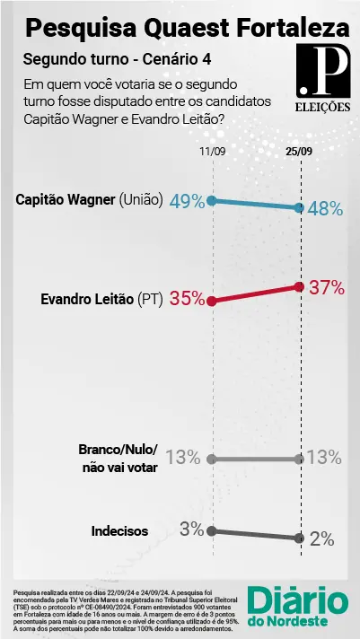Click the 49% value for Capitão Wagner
tap(186, 202)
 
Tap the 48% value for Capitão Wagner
tap(326, 208)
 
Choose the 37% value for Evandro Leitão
tap(326, 287)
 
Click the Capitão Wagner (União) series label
tap(89, 201)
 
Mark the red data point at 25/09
tap(299, 286)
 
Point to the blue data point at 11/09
tap(212, 201)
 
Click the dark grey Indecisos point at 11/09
tap(212, 530)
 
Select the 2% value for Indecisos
tap(321, 539)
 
